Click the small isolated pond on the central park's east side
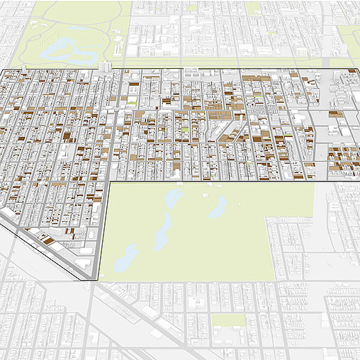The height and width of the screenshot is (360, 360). tap(218, 206)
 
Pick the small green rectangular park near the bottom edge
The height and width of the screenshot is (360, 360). tap(228, 320)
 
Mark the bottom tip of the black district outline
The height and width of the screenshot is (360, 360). tap(94, 281)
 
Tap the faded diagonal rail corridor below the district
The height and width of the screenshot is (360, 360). tap(142, 312)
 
